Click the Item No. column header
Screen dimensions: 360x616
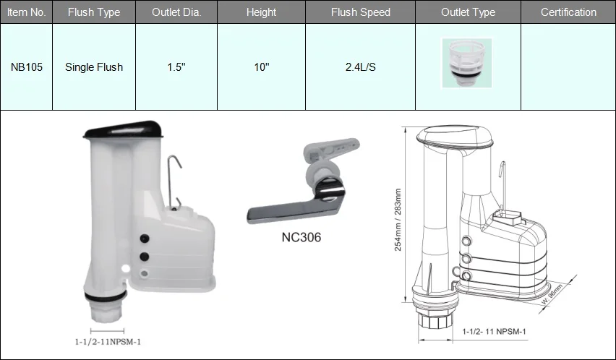(x=26, y=12)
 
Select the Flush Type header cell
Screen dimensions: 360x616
(x=94, y=12)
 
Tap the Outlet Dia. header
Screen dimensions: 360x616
(x=176, y=12)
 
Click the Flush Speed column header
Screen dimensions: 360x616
(x=360, y=12)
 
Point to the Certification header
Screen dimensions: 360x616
(x=568, y=12)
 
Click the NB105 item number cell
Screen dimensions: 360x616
(x=26, y=67)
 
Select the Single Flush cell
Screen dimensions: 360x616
(x=94, y=67)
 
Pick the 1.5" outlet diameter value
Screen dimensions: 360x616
(x=176, y=67)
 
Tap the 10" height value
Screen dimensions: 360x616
(x=261, y=67)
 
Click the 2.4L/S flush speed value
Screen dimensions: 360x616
(x=360, y=67)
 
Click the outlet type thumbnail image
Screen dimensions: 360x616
(x=466, y=64)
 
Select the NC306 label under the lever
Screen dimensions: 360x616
(x=300, y=236)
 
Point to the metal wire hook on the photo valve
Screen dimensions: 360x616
(x=174, y=177)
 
